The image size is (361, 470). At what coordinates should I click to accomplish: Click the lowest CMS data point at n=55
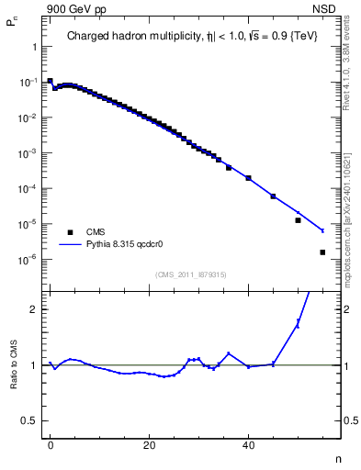pyautogui.click(x=322, y=252)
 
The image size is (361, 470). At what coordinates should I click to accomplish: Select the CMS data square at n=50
pyautogui.click(x=298, y=220)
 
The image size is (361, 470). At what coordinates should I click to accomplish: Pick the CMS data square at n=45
pyautogui.click(x=273, y=196)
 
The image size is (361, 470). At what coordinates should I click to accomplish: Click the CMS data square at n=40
pyautogui.click(x=248, y=177)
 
